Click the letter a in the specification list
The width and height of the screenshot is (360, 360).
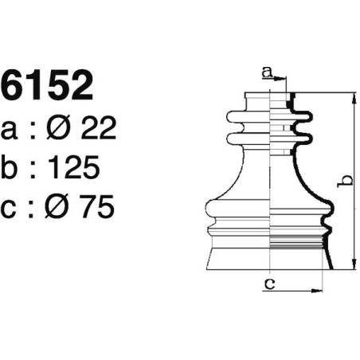(12, 129)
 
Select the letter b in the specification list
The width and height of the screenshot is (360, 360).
(12, 167)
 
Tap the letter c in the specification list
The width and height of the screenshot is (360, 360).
(12, 208)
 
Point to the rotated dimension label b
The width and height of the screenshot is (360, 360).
(343, 182)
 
